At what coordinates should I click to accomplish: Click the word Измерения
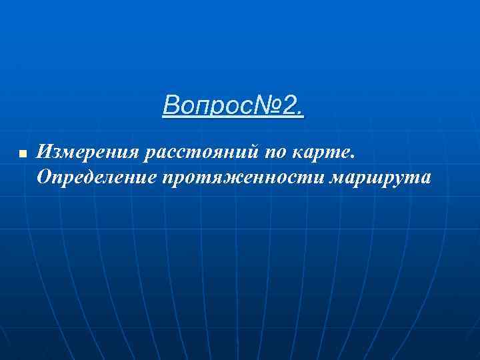pyautogui.click(x=87, y=153)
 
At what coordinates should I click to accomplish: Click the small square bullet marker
pyautogui.click(x=22, y=154)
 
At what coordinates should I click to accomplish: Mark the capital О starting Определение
pyautogui.click(x=45, y=177)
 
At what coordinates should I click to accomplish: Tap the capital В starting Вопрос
pyautogui.click(x=169, y=105)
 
